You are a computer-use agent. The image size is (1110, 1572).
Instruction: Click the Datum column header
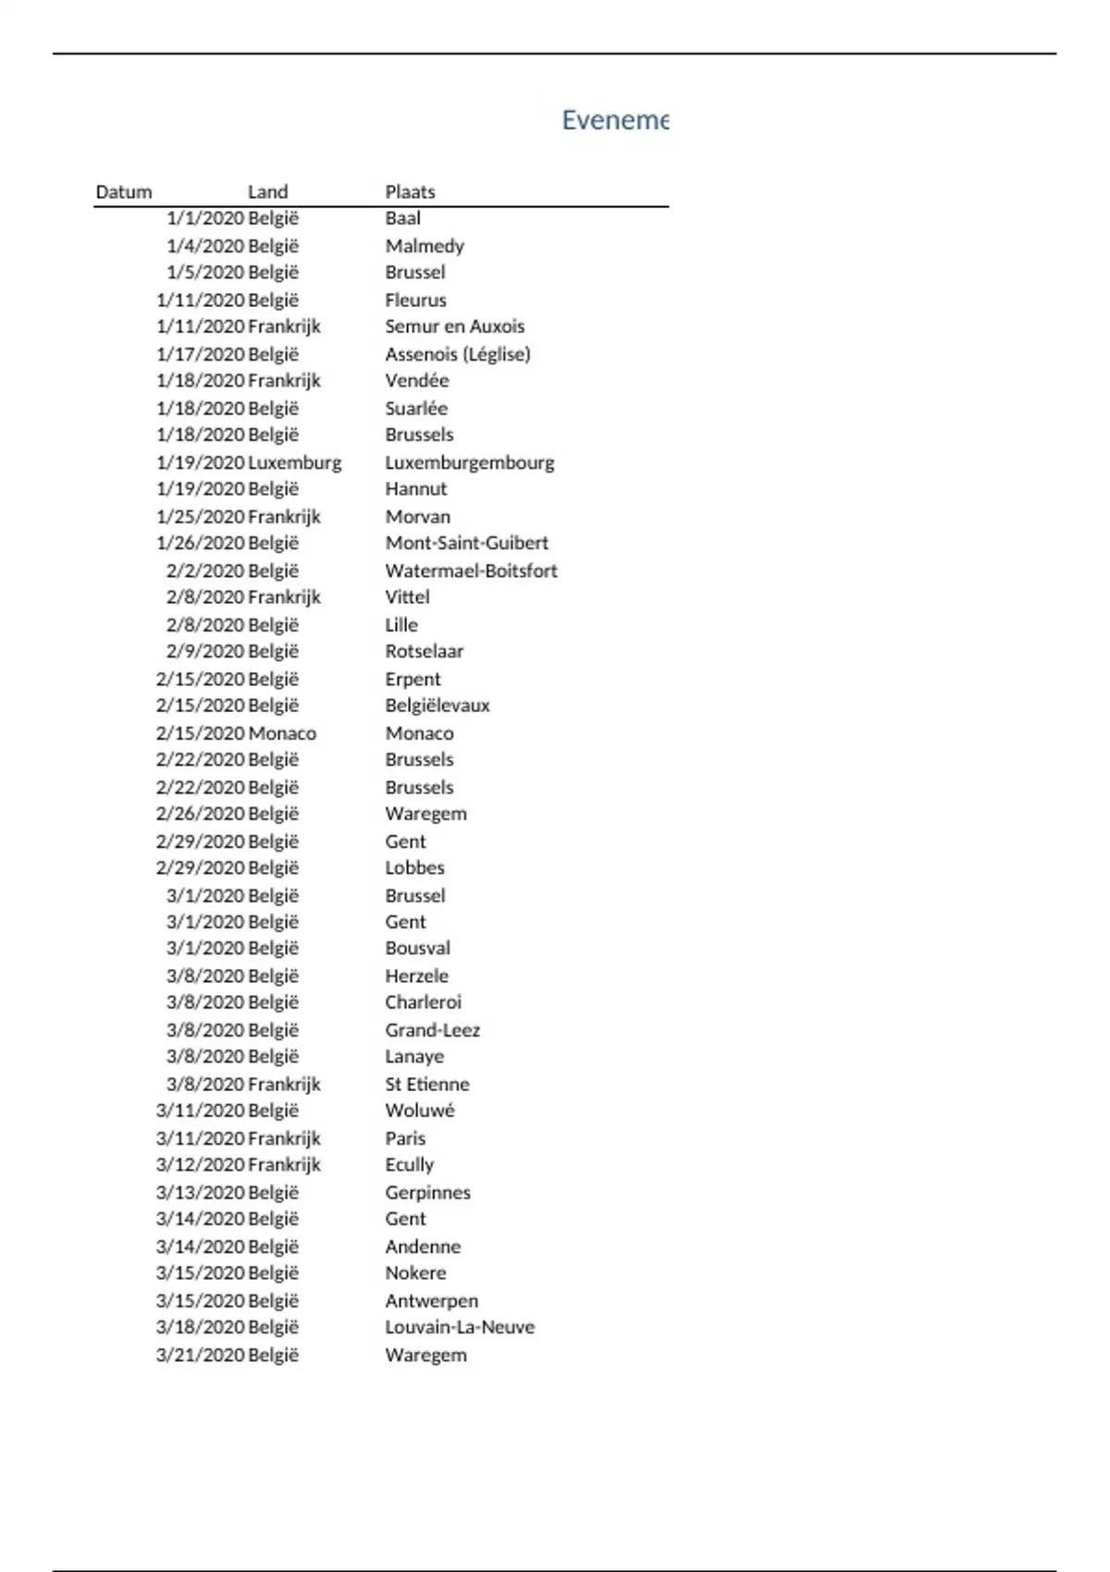point(123,192)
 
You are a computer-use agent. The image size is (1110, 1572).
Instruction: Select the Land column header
point(267,192)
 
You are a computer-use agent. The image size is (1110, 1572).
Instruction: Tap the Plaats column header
point(410,192)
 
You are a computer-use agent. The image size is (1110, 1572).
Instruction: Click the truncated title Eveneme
point(614,120)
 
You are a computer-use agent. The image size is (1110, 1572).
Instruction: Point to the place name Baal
point(402,218)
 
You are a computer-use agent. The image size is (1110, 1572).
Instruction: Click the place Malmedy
point(425,246)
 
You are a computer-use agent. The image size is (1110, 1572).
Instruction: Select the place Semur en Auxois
point(454,326)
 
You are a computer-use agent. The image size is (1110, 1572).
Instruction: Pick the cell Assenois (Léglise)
point(458,354)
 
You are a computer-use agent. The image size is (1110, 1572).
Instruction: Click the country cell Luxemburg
point(294,462)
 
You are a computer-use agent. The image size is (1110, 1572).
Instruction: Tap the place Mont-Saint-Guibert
point(466,543)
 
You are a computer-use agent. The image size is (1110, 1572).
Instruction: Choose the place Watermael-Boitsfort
point(471,571)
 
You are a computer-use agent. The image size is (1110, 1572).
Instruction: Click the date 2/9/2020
point(205,651)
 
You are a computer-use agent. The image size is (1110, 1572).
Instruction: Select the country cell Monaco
point(282,733)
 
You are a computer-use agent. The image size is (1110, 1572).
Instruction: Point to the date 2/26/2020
point(200,814)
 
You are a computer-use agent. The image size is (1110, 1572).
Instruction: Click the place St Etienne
point(427,1084)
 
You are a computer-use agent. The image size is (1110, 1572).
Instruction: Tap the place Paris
point(405,1138)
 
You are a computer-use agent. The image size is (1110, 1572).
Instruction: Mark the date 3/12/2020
point(200,1165)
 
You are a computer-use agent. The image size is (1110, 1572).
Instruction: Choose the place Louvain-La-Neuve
point(460,1327)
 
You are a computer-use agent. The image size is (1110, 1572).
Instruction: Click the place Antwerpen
point(431,1301)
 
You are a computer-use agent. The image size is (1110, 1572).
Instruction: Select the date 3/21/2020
point(200,1355)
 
